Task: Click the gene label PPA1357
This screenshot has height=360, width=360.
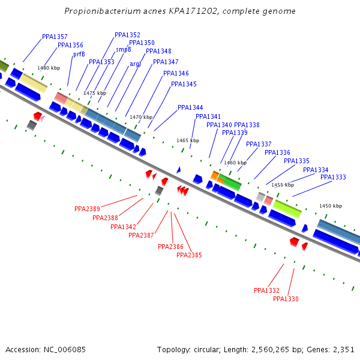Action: click(55, 37)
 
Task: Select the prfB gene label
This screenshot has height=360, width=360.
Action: click(79, 55)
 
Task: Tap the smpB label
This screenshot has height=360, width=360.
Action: click(123, 50)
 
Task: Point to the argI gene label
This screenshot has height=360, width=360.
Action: click(135, 64)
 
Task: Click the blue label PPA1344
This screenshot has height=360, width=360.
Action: click(190, 108)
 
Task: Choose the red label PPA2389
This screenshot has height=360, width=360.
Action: click(87, 209)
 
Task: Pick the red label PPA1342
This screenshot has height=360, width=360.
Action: click(123, 227)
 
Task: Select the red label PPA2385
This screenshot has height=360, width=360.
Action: click(189, 256)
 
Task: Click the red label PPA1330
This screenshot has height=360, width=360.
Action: click(286, 299)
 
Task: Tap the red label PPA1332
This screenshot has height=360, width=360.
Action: click(266, 291)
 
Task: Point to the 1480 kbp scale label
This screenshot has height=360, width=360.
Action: click(49, 68)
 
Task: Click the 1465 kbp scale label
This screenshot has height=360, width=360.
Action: click(188, 141)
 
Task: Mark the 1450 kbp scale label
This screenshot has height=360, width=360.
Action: click(331, 206)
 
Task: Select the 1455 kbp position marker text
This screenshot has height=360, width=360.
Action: click(283, 185)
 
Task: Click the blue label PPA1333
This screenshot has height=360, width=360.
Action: click(333, 178)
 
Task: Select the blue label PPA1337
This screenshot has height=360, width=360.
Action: click(259, 145)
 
